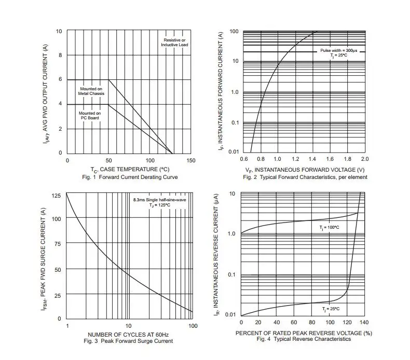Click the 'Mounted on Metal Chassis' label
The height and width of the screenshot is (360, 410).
pyautogui.click(x=91, y=91)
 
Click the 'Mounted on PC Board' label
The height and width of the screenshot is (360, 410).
pyautogui.click(x=89, y=115)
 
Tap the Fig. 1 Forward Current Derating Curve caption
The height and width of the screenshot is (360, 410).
pyautogui.click(x=130, y=177)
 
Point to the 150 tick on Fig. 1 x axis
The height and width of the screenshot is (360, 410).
pyautogui.click(x=191, y=161)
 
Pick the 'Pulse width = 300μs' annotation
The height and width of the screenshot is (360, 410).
pyautogui.click(x=338, y=50)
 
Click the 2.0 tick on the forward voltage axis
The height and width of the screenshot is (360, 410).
pyautogui.click(x=364, y=159)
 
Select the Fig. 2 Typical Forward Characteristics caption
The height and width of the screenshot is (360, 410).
pyautogui.click(x=305, y=177)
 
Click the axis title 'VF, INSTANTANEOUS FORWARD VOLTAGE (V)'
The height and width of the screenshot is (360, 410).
pyautogui.click(x=305, y=170)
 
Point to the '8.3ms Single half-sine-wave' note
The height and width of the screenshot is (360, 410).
pyautogui.click(x=159, y=199)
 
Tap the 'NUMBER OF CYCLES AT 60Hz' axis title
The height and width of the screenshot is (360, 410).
pyautogui.click(x=128, y=334)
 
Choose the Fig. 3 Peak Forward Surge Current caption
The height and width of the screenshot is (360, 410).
pyautogui.click(x=128, y=341)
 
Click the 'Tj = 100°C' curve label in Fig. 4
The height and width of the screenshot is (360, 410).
pyautogui.click(x=329, y=227)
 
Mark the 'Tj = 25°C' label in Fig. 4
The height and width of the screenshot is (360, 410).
pyautogui.click(x=330, y=309)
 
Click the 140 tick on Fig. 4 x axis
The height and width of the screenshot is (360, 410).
pyautogui.click(x=363, y=323)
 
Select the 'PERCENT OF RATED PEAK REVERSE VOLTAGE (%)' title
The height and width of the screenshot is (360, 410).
pyautogui.click(x=304, y=333)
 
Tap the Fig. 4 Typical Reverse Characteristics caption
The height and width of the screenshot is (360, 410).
pyautogui.click(x=304, y=339)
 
